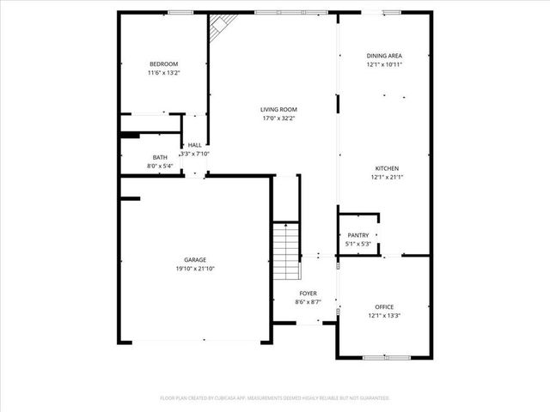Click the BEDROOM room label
(x=163, y=64)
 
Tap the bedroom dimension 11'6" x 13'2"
(x=163, y=73)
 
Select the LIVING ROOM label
(x=278, y=109)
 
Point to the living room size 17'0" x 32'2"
(x=278, y=118)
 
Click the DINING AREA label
(x=384, y=56)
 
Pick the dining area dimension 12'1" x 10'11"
(x=384, y=64)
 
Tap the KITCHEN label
(x=386, y=168)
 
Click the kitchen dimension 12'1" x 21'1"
(x=386, y=177)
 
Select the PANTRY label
(x=357, y=235)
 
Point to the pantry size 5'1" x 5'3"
(x=357, y=244)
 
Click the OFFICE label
(x=383, y=306)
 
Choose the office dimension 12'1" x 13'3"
(x=383, y=315)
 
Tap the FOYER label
(x=308, y=294)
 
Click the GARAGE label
(x=194, y=259)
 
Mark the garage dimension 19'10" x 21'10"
(x=194, y=268)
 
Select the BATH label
(x=160, y=157)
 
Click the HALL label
(x=195, y=145)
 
